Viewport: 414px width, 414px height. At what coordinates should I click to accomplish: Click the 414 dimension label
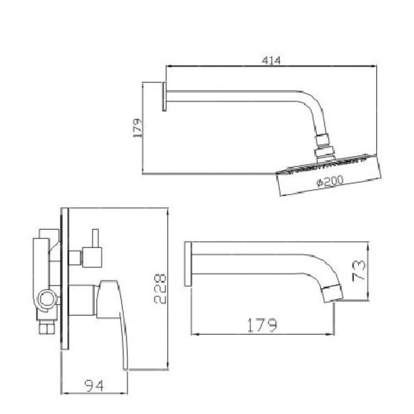271,61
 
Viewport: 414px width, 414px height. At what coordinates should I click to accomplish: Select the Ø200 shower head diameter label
330,181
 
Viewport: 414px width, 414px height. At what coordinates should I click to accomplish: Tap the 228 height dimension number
160,289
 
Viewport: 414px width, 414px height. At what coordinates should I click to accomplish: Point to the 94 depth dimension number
94,386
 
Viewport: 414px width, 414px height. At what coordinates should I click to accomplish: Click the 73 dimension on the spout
359,271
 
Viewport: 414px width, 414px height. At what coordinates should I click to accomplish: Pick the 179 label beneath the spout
262,325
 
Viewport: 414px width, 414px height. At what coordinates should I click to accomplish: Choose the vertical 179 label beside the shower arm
138,128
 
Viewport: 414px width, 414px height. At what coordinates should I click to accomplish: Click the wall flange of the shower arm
164,96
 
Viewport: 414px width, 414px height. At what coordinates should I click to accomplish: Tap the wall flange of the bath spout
188,263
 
